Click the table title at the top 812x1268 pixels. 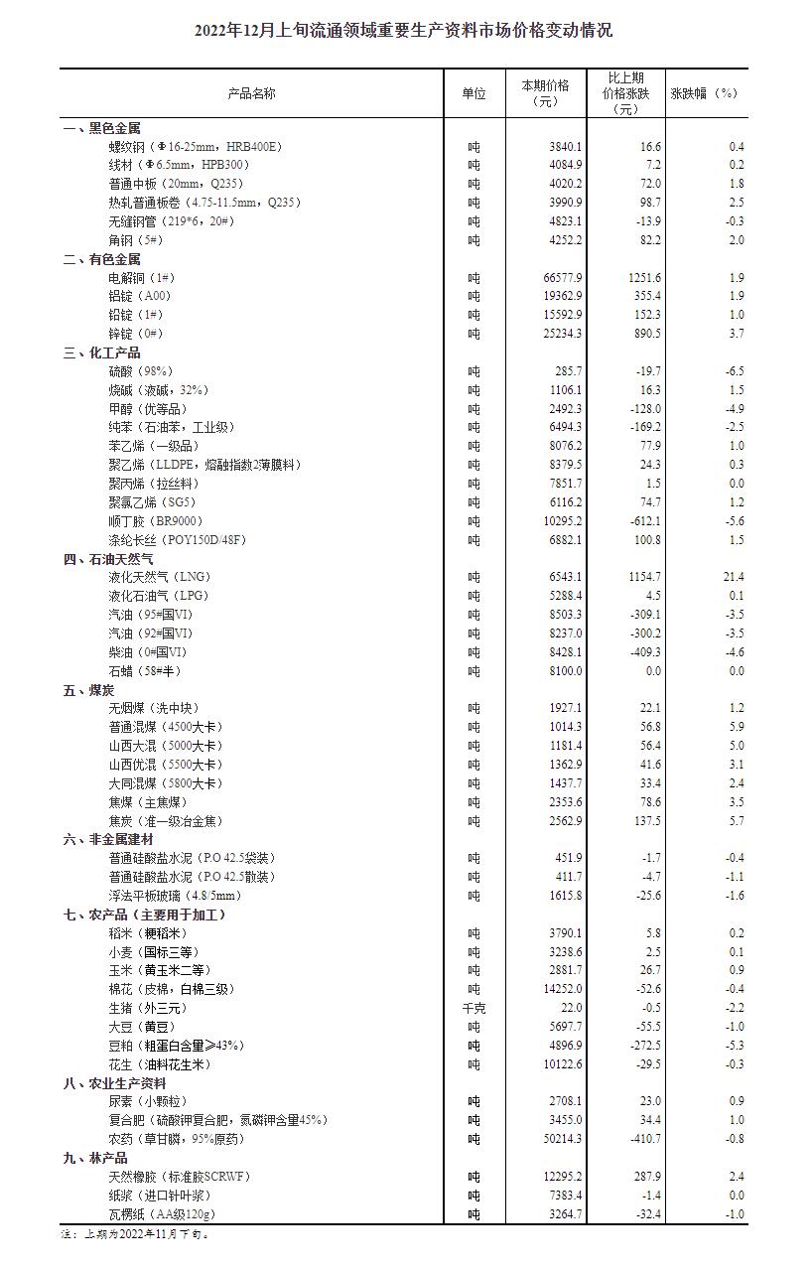tap(405, 31)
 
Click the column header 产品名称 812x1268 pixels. tap(251, 93)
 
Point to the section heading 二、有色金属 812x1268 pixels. tap(101, 259)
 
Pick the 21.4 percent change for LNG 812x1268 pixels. tap(734, 577)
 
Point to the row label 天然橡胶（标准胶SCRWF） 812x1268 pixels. tap(180, 1177)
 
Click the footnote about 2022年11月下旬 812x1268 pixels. tap(135, 1234)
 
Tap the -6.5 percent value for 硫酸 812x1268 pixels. tap(735, 371)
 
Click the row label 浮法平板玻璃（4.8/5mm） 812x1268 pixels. tap(175, 896)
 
